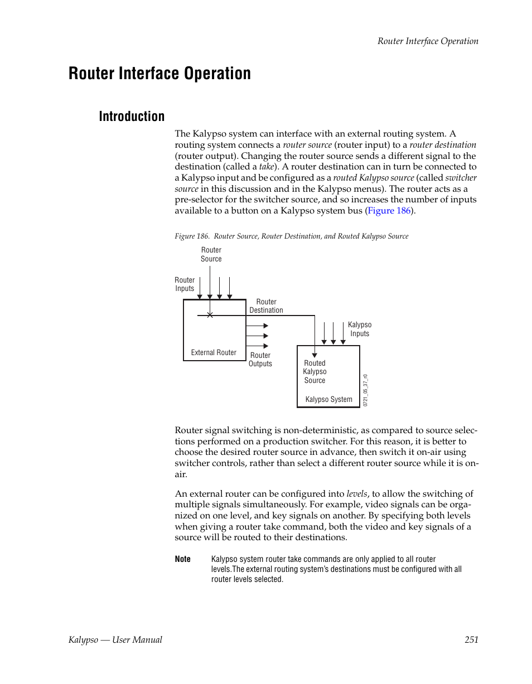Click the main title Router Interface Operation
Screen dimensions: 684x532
tap(159, 74)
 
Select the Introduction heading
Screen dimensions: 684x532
tap(132, 117)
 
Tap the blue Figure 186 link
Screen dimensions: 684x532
tap(389, 211)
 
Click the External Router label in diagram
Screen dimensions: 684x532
tap(214, 352)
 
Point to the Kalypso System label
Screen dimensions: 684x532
tap(328, 399)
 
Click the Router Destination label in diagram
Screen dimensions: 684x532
tap(266, 306)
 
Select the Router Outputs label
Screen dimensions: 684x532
tap(260, 360)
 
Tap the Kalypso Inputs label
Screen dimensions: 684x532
tap(360, 329)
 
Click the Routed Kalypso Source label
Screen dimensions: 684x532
tap(315, 372)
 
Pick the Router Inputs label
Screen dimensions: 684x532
tap(185, 284)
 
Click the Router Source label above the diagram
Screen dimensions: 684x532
tap(211, 255)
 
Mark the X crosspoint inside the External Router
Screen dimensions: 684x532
tap(210, 316)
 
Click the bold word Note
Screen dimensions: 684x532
tap(182, 559)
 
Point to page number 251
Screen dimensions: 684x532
tap(471, 639)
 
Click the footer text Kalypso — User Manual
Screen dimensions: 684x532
tap(115, 639)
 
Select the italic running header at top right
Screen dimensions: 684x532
tap(428, 41)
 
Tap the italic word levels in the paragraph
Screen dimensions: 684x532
tap(357, 494)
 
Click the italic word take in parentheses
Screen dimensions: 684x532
tap(267, 167)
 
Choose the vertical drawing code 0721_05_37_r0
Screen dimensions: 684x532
tap(366, 390)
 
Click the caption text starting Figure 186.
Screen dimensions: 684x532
tap(291, 236)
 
